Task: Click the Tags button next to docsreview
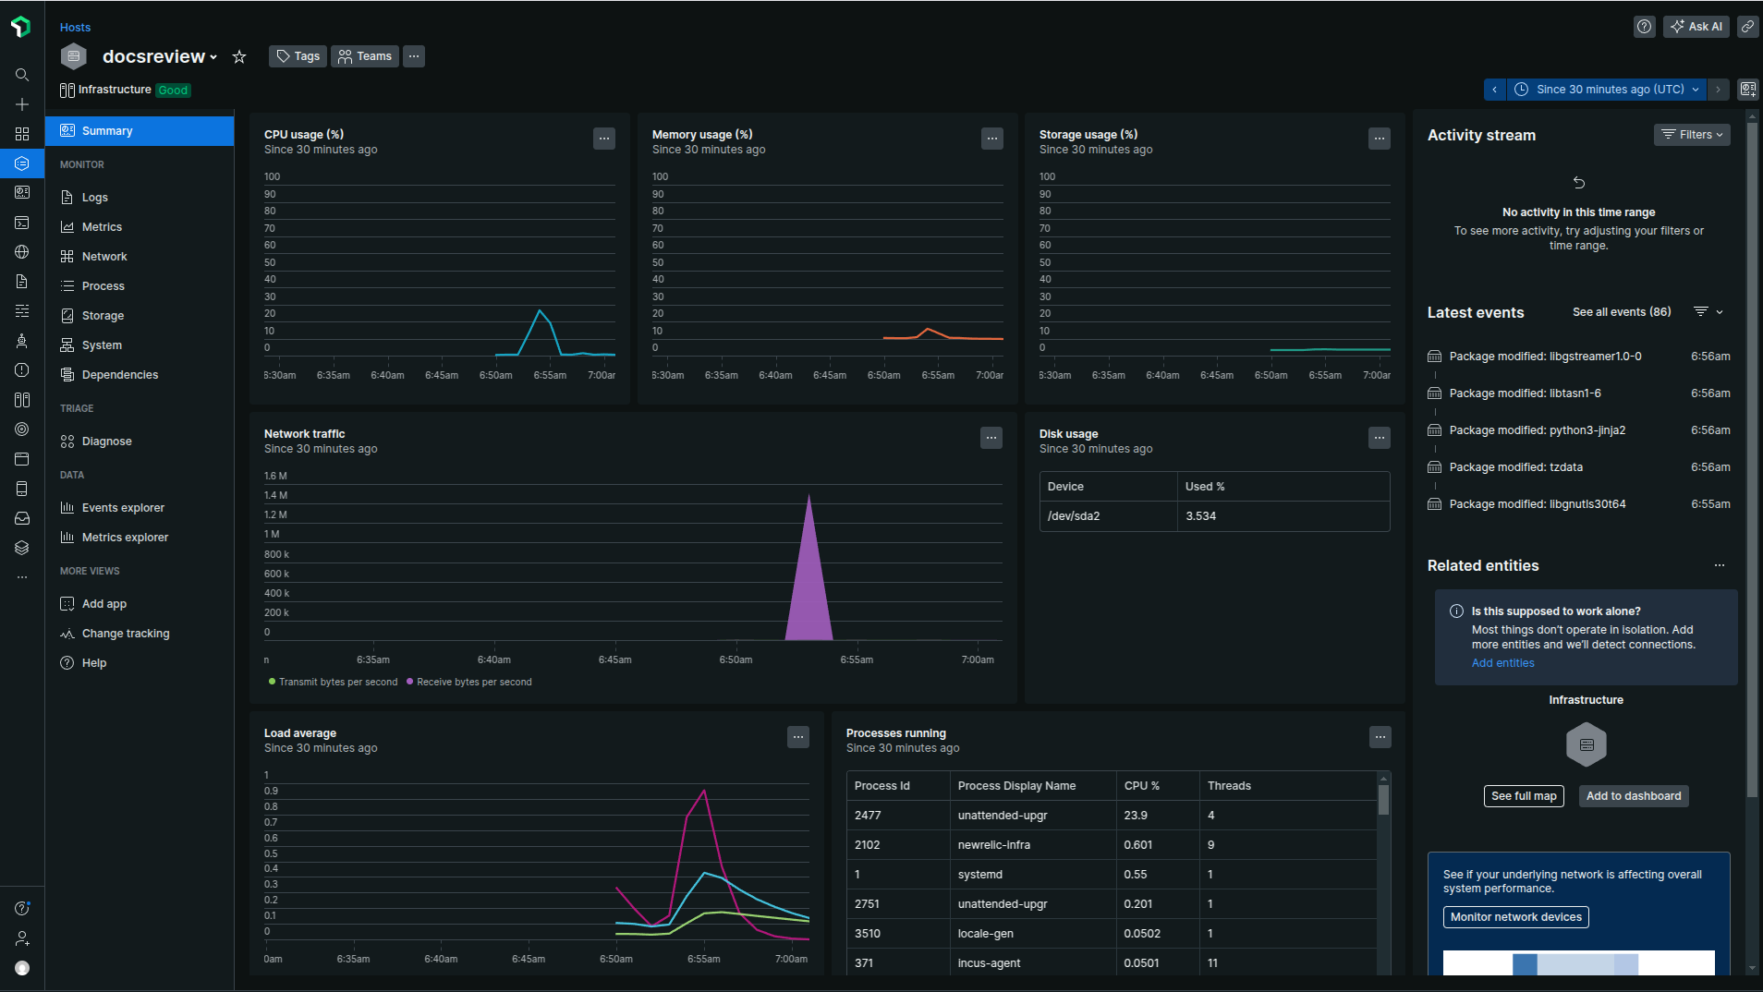(298, 56)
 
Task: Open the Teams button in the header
(365, 56)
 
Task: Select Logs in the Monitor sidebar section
(94, 198)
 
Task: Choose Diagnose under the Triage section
(106, 442)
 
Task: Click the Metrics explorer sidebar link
(125, 538)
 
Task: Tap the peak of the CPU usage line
(540, 310)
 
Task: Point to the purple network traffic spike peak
(809, 496)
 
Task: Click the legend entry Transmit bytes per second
(337, 683)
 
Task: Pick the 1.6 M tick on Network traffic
(275, 477)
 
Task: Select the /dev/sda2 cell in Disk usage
(1074, 516)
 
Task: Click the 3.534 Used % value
(1200, 516)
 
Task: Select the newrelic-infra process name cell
(993, 845)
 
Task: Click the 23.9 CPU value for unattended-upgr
(1136, 816)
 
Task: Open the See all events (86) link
(1621, 312)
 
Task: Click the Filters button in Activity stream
(1691, 135)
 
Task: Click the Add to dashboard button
(1633, 796)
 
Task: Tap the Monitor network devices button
(1515, 917)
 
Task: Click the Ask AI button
(1696, 27)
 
